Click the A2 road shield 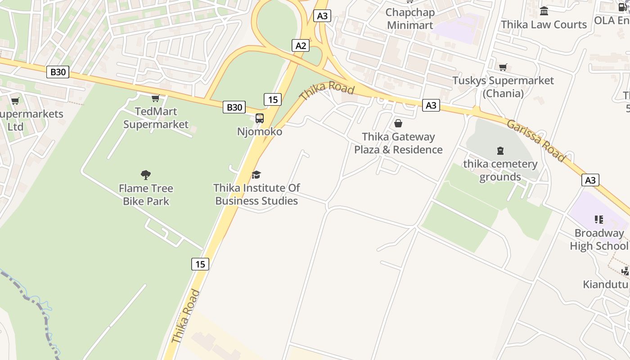tap(301, 45)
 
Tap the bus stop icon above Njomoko tap(260, 118)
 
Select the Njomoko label tap(260, 131)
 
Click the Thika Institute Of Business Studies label tap(256, 194)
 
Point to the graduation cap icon tap(256, 175)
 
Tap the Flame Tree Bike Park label tap(146, 194)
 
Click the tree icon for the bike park tap(145, 175)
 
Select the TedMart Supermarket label tap(156, 118)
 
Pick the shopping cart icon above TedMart tap(156, 98)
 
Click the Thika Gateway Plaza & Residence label tap(398, 143)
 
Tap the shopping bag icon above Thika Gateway tap(398, 123)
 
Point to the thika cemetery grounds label tap(500, 170)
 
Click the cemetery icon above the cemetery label tap(500, 150)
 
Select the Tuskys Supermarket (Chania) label tap(503, 87)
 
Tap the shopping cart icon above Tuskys tap(503, 67)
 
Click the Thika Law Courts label tap(544, 24)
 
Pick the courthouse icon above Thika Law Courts tap(544, 11)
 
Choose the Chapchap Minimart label tap(410, 19)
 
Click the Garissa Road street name tap(535, 140)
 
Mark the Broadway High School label tap(599, 239)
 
